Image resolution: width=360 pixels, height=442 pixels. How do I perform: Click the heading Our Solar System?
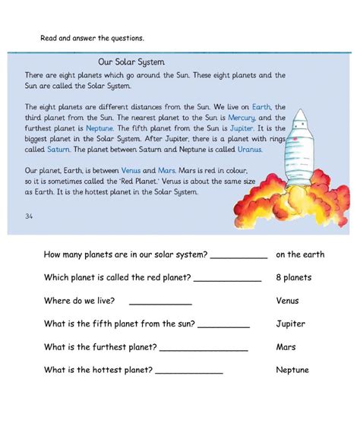coord(131,62)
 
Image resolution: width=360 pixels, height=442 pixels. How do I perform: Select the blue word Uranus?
coord(246,150)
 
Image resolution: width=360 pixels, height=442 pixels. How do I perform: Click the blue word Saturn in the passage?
coord(52,150)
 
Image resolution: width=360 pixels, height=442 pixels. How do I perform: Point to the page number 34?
coord(29,216)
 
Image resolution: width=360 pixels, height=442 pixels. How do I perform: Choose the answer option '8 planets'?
coord(293,277)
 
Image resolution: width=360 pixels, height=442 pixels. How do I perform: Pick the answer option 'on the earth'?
coord(300,254)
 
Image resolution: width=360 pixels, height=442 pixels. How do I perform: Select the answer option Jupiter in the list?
coord(290,324)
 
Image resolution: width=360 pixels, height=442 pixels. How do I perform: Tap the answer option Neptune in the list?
coord(292,370)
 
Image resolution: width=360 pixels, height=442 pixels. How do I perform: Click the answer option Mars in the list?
coord(286,347)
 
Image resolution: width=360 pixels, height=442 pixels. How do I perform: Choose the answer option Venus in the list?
coord(289,301)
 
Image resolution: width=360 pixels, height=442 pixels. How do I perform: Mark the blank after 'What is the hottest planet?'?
coord(189,372)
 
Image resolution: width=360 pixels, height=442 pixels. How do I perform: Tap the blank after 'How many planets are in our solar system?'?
coord(238,257)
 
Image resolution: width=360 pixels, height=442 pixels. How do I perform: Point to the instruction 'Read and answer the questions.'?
coord(92,37)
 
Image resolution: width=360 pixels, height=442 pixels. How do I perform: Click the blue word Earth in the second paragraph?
coord(261,107)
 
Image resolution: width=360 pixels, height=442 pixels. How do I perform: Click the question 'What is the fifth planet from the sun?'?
coord(119,324)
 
